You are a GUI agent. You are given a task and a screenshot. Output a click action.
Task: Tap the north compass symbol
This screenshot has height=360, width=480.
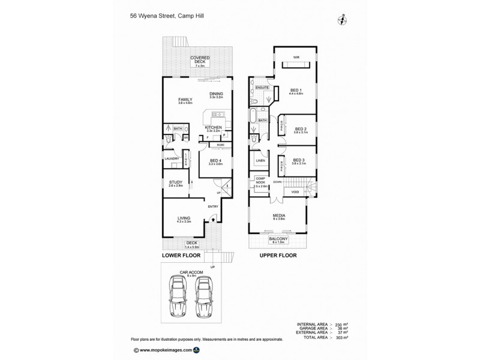click(342, 19)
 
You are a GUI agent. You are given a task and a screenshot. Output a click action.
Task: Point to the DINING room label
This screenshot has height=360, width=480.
click(216, 94)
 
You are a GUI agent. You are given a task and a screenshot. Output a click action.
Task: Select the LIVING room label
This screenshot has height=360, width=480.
click(184, 219)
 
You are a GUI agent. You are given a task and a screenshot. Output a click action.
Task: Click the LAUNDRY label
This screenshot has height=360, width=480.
click(173, 158)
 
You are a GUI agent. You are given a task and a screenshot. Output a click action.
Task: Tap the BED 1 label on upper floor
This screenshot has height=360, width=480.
click(295, 91)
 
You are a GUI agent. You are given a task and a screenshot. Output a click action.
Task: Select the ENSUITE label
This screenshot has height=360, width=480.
click(262, 88)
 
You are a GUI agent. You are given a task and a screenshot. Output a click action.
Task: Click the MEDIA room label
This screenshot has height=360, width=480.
click(278, 216)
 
